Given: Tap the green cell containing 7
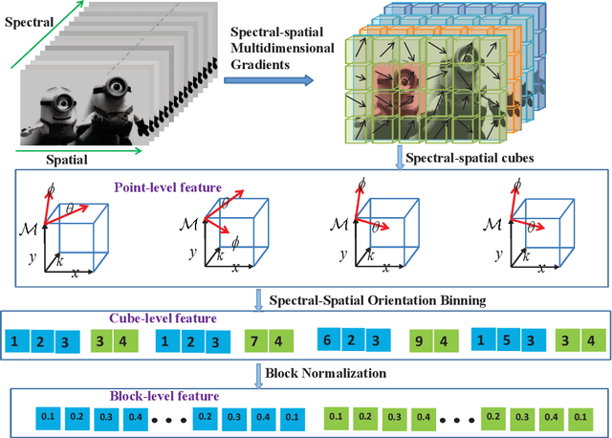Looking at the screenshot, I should [x=249, y=341].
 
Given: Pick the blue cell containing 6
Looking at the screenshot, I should [x=326, y=341].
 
